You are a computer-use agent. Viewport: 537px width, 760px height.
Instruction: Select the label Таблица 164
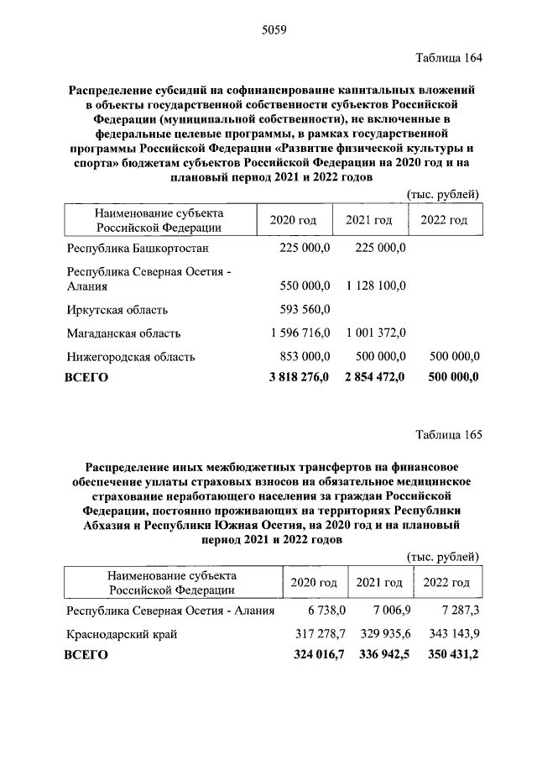point(450,58)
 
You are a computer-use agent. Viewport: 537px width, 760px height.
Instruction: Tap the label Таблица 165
point(450,434)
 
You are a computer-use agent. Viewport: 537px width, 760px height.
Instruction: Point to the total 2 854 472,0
point(374,377)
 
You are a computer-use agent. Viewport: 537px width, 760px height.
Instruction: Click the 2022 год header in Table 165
point(446,582)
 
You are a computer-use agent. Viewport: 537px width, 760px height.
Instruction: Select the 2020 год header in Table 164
point(293,220)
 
